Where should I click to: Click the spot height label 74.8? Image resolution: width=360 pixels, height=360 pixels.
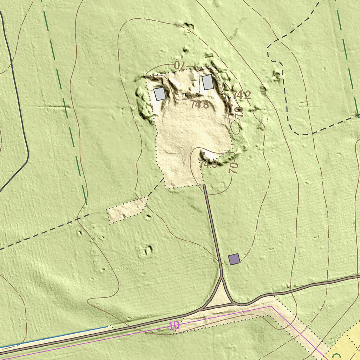click(x=200, y=104)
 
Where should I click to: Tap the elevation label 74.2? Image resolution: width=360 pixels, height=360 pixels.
click(x=242, y=95)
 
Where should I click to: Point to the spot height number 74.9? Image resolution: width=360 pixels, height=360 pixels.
click(x=208, y=164)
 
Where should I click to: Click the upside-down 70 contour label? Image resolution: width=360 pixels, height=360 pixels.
click(x=179, y=65)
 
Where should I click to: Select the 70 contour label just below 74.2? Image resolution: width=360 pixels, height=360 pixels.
click(x=239, y=112)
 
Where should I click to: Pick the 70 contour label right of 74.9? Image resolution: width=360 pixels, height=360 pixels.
click(x=234, y=168)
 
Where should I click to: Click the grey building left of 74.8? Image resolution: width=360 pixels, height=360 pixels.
click(x=160, y=94)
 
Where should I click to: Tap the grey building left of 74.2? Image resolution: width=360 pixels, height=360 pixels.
click(x=207, y=82)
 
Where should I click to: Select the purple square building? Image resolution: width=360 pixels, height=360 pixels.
click(x=234, y=259)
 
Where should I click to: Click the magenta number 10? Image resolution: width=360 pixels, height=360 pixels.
click(x=175, y=326)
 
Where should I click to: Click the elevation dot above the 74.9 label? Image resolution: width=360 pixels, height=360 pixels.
click(x=204, y=153)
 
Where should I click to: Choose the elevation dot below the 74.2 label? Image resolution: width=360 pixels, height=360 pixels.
click(x=231, y=105)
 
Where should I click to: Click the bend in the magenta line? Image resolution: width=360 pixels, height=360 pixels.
click(x=270, y=306)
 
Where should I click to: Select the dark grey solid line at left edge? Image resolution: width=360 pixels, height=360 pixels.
click(x=18, y=105)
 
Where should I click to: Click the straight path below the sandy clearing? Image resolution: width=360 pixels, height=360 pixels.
click(x=213, y=229)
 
